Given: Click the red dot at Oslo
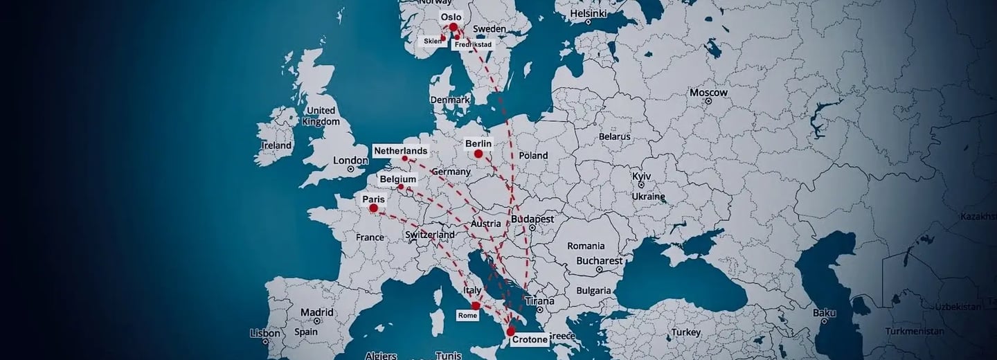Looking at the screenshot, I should pyautogui.click(x=453, y=28).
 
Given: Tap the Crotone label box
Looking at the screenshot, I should pyautogui.click(x=530, y=339).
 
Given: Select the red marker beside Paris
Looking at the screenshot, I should pyautogui.click(x=374, y=208).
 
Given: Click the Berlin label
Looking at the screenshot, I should pyautogui.click(x=478, y=143).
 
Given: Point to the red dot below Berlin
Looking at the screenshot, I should pyautogui.click(x=478, y=154).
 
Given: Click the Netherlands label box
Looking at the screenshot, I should pyautogui.click(x=400, y=150).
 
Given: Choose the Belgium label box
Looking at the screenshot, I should pyautogui.click(x=398, y=179).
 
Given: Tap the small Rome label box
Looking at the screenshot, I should pyautogui.click(x=467, y=316).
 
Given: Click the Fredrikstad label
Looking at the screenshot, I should pyautogui.click(x=473, y=44).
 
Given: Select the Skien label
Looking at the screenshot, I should pyautogui.click(x=433, y=42).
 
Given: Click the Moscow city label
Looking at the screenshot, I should pyautogui.click(x=708, y=93).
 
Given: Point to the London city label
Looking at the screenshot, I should pyautogui.click(x=350, y=161).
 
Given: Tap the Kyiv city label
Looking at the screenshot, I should pyautogui.click(x=641, y=177).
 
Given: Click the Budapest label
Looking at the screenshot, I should pyautogui.click(x=532, y=219).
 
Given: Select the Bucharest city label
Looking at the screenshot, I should pyautogui.click(x=600, y=261).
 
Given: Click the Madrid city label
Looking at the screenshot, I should pyautogui.click(x=317, y=312).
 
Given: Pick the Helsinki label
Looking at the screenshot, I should pyautogui.click(x=588, y=14).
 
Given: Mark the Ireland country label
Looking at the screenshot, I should pyautogui.click(x=276, y=146).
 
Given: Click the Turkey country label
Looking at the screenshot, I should pyautogui.click(x=686, y=333).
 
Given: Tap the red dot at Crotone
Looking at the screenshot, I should pyautogui.click(x=511, y=332).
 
